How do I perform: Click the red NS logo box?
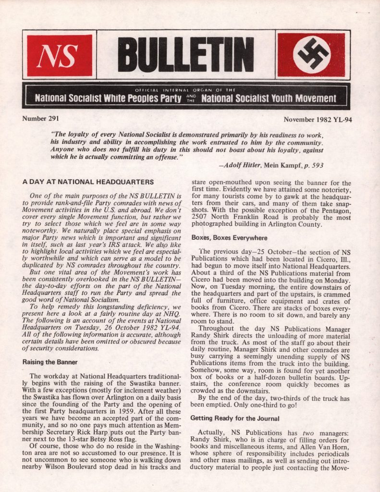pos(60,55)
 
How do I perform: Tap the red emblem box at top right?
pos(312,55)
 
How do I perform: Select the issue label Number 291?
pos(40,118)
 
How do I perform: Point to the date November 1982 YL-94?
pos(318,119)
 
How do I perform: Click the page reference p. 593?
pos(313,165)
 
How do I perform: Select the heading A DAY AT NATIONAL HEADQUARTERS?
pos(88,182)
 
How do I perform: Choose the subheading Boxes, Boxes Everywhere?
pos(229,237)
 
